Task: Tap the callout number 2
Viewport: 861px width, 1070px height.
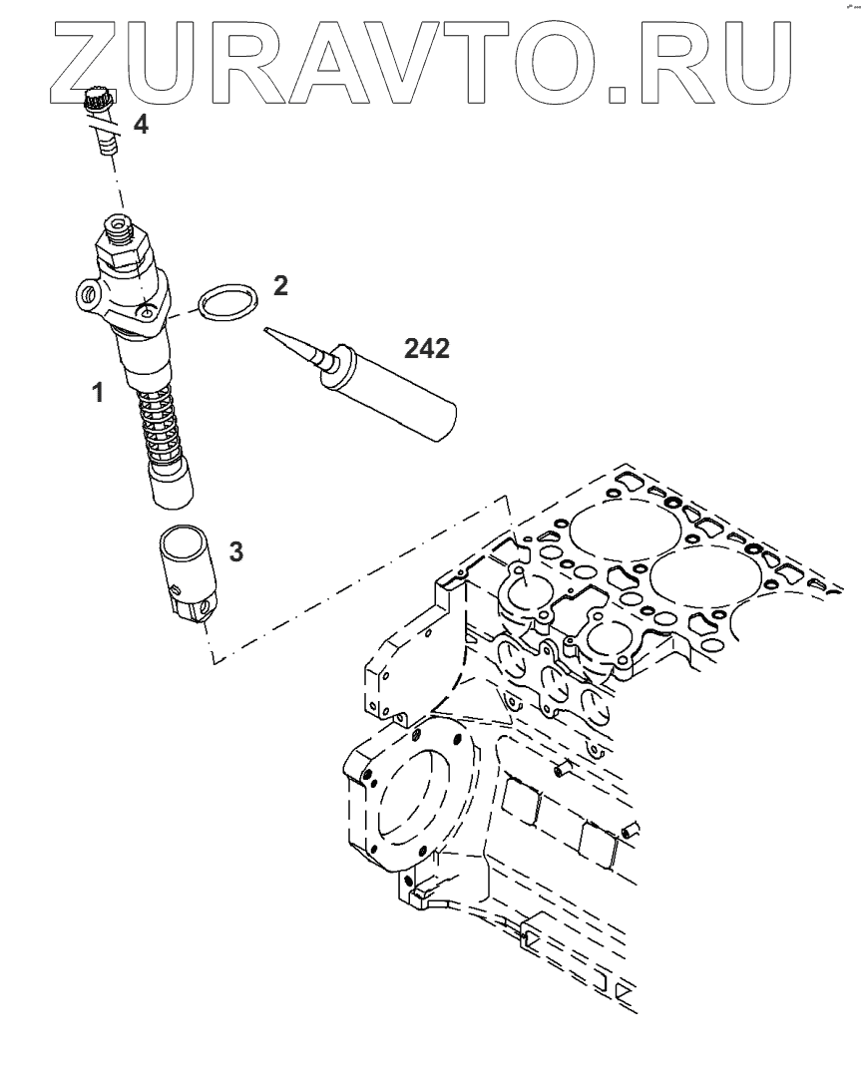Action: click(280, 286)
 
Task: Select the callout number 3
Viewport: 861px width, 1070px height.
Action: click(235, 550)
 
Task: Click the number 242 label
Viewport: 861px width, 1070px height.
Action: click(427, 348)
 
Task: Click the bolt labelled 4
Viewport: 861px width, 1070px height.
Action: click(100, 120)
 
